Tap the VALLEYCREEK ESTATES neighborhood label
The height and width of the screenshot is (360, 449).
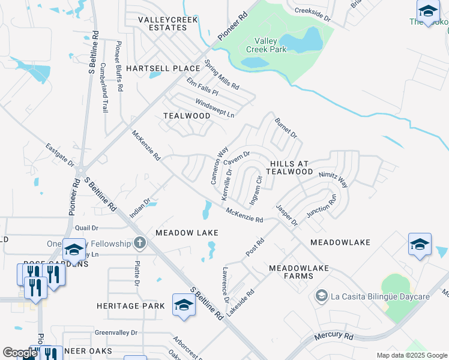[x=163, y=23]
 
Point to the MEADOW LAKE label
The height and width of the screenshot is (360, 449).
[x=187, y=232]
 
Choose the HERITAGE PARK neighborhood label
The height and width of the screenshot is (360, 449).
[x=131, y=306]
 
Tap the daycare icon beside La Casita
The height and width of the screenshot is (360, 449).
[x=322, y=296]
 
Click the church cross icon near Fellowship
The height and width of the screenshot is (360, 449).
[x=140, y=243]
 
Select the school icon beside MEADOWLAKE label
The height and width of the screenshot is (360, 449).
[x=420, y=244]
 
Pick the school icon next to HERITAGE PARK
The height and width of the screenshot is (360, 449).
[x=184, y=305]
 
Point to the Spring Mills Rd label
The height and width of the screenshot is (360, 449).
[x=221, y=74]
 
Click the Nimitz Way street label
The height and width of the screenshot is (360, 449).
[x=333, y=178]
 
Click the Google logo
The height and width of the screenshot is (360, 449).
[x=20, y=353]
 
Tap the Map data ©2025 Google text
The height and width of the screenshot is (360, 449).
[x=412, y=355]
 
